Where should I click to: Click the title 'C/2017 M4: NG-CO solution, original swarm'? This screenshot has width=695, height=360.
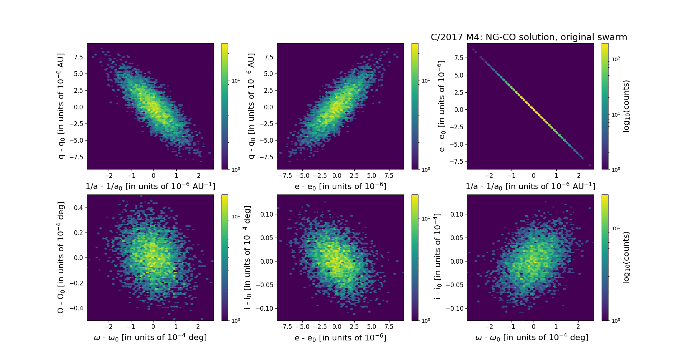[529, 37]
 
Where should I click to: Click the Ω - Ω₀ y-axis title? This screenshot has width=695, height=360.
[61, 258]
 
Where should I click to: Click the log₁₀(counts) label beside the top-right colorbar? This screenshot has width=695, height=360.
[626, 106]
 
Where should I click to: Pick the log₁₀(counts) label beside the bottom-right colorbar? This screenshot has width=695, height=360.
[626, 258]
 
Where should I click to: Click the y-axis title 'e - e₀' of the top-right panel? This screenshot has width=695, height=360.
[441, 106]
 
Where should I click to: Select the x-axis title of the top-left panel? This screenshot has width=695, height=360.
[150, 186]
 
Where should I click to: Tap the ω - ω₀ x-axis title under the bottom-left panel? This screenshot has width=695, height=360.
[150, 338]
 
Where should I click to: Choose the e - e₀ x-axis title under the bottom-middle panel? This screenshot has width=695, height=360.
[340, 338]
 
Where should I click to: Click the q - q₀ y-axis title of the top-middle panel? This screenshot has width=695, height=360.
[251, 106]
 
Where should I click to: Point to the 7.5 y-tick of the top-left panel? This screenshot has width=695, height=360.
[78, 57]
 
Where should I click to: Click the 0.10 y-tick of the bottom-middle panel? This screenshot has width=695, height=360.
[267, 214]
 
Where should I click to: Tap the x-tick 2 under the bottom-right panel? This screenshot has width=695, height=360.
[578, 327]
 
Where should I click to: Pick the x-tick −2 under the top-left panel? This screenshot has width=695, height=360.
[108, 176]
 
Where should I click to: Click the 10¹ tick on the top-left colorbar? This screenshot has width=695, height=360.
[236, 81]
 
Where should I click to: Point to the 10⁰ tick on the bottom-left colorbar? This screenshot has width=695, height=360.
[236, 321]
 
